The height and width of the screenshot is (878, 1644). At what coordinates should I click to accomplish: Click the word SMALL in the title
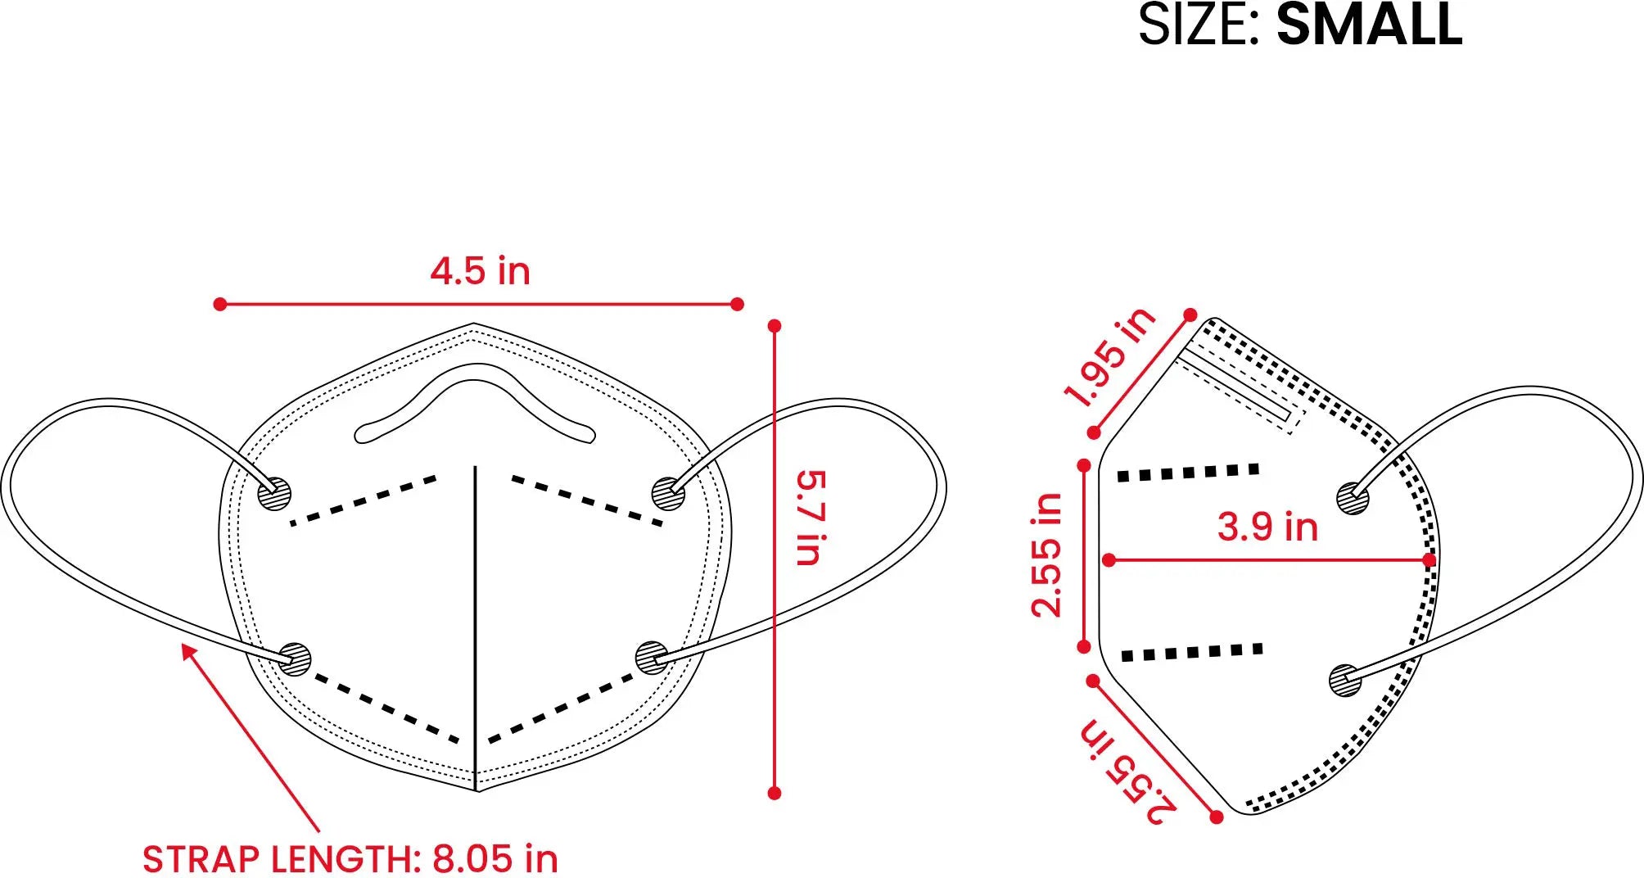[x=1369, y=24]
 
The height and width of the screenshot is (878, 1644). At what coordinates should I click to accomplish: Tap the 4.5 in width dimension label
[x=481, y=271]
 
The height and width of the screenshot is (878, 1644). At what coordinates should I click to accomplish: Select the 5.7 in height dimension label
[x=811, y=518]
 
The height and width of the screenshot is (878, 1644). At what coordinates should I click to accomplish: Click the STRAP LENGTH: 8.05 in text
[x=350, y=859]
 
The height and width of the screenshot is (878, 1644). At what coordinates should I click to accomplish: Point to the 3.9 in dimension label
[x=1267, y=526]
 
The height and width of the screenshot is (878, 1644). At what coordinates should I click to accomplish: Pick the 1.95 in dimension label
[x=1109, y=357]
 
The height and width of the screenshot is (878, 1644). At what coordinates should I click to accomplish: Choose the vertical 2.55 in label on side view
[x=1046, y=554]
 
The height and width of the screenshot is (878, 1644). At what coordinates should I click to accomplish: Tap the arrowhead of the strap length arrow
[x=187, y=651]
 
